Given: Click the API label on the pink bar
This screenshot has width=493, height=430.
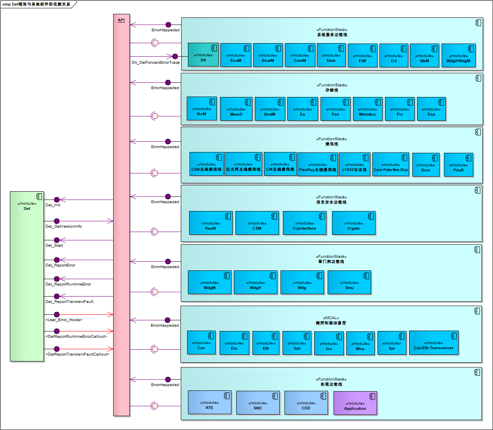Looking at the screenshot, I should (121, 20).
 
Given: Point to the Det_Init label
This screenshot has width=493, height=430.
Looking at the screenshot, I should (53, 205).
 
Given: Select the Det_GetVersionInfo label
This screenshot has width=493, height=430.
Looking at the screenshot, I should (64, 226).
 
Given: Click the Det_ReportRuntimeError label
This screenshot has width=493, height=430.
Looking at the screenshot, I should (68, 284).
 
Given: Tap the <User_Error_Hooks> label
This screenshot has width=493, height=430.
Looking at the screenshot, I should (64, 320).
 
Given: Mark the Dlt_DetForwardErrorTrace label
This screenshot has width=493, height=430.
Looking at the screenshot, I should (155, 63).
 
